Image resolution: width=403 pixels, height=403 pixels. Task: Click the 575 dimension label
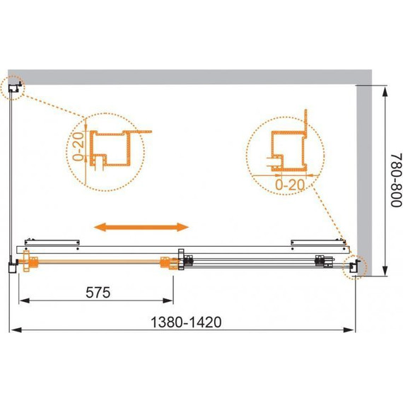[98, 293]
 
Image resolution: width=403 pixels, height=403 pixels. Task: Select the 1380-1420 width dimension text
[186, 322]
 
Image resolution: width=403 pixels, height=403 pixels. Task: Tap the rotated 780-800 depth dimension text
[396, 180]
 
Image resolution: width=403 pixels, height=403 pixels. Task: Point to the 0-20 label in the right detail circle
[290, 185]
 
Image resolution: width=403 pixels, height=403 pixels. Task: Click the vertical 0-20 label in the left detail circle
[78, 146]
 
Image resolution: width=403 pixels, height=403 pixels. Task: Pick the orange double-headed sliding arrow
[141, 227]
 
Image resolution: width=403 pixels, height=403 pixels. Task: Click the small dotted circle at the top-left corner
[12, 88]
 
